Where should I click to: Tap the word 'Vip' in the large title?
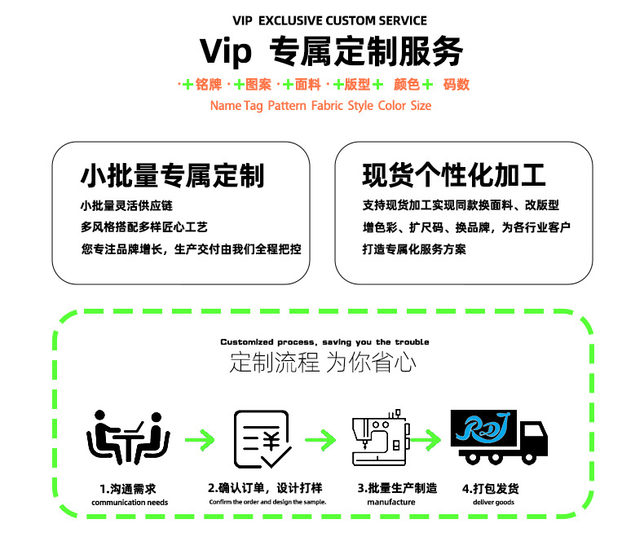pos(227,51)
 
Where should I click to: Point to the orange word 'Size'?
pos(421,106)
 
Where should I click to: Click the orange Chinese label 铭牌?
pos(209,85)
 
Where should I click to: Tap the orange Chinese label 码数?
pos(457,85)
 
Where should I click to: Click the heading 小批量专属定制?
pos(172,175)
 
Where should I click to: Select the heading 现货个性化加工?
pos(454,175)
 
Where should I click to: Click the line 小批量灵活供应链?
pos(126,205)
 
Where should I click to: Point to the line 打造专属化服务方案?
pos(414,249)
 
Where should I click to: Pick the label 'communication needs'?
pos(130,503)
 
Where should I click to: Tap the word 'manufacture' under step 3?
pos(391,503)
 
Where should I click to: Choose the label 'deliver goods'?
pos(494,503)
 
